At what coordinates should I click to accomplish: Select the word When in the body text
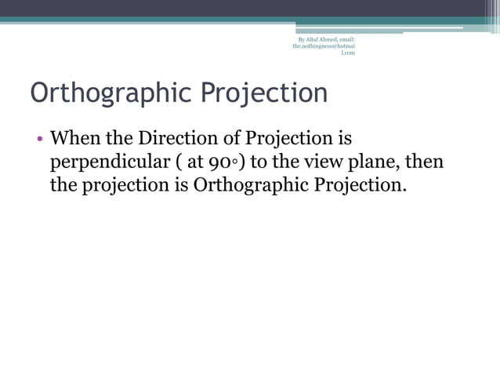coord(76,139)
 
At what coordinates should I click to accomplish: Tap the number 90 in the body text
coord(219,163)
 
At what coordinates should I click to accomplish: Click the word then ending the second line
coord(425,163)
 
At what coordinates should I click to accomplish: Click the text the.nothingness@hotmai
coord(324,46)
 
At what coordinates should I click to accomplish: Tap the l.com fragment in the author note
coord(348,53)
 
